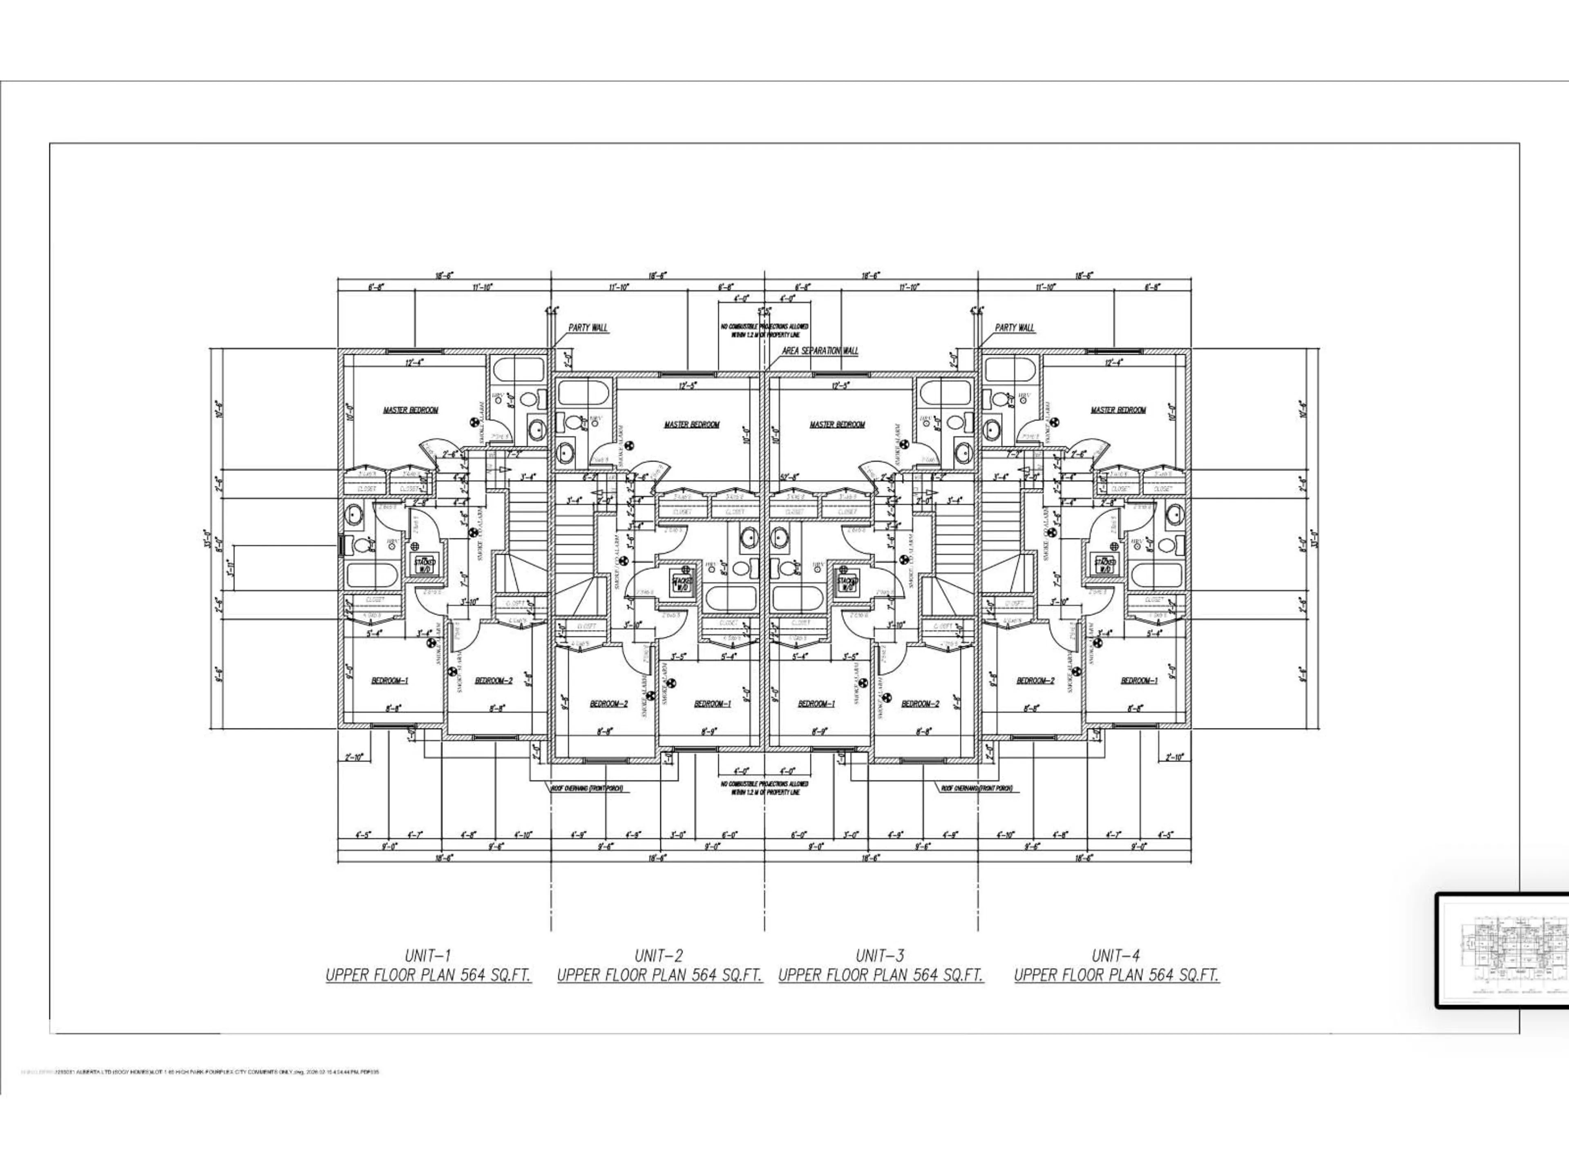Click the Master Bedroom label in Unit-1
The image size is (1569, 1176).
tap(411, 410)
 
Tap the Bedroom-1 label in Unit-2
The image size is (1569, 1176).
tap(712, 704)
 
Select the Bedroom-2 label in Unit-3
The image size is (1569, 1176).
tap(920, 704)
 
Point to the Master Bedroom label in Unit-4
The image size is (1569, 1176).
tap(1118, 410)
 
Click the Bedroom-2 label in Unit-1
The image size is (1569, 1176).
tap(494, 681)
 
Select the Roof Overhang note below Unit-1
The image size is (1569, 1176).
tap(587, 788)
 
